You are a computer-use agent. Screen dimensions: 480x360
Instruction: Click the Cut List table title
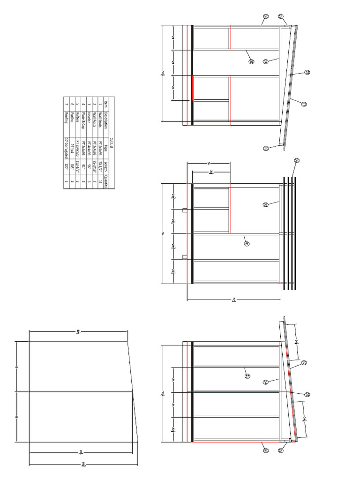tap(112, 143)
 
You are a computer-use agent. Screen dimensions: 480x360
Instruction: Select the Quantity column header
tap(106, 181)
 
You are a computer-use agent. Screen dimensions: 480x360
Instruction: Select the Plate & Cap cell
tap(83, 115)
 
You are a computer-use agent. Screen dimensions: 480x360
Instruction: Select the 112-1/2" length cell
tap(78, 166)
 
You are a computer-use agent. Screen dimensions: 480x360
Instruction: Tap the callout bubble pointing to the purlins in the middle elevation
tap(297, 161)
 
